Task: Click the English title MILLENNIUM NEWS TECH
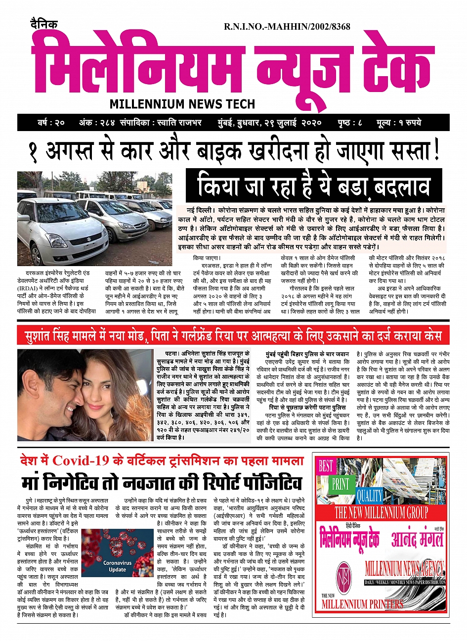click(x=182, y=104)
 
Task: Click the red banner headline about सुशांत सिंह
click(x=233, y=336)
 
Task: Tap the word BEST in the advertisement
click(x=326, y=466)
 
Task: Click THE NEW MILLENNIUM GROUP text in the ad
click(x=381, y=512)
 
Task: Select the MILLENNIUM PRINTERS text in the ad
click(x=362, y=603)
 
